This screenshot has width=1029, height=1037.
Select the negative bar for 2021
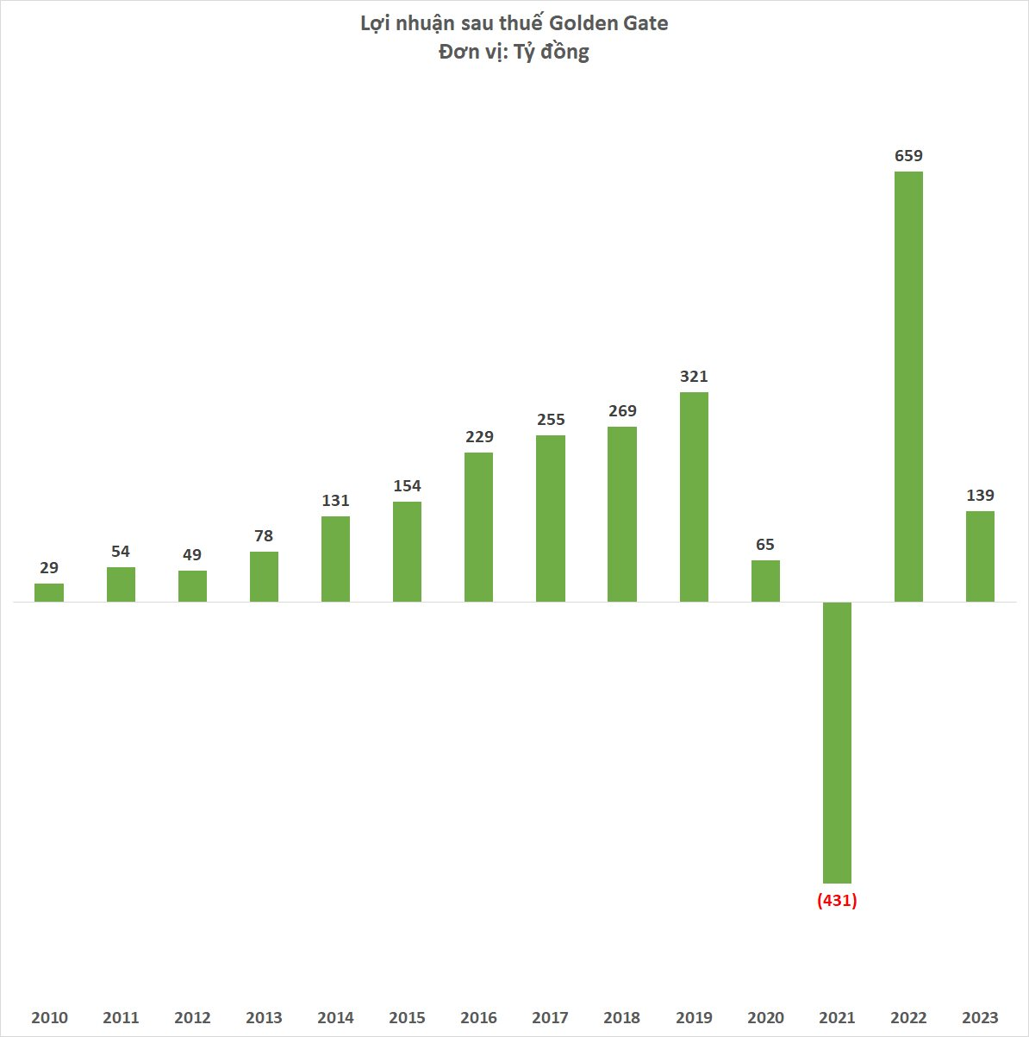point(837,742)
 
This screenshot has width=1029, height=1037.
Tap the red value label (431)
point(837,901)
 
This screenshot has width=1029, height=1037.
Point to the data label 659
point(908,156)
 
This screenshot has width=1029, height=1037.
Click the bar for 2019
point(694,497)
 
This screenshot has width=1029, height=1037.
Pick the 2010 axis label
point(49,1018)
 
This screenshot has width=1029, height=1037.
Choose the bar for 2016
point(479,527)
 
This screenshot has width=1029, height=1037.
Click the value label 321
point(694,377)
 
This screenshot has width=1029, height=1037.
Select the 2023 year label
point(980,1018)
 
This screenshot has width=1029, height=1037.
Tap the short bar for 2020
point(765,581)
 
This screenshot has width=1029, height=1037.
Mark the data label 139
point(980,496)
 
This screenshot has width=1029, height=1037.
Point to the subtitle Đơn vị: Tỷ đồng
point(514,52)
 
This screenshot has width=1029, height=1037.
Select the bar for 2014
point(335,559)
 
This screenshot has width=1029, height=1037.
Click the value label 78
point(264,536)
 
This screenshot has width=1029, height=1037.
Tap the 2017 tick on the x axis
point(550,1018)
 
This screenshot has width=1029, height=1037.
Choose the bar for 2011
point(121,584)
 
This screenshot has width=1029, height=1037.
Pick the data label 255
point(551,420)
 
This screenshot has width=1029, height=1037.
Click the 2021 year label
point(837,1018)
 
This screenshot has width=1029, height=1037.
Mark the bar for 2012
point(192,586)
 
